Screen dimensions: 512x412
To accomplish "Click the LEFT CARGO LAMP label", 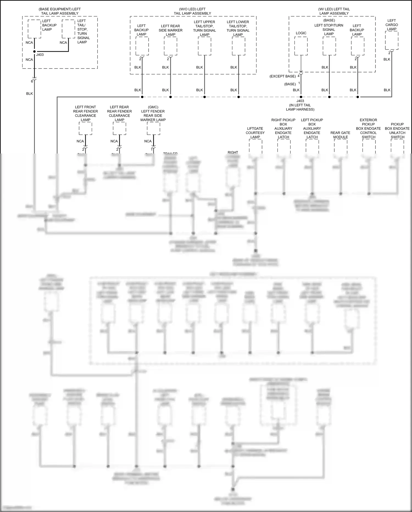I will point(391,25).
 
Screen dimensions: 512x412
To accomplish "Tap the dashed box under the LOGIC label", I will point(301,46).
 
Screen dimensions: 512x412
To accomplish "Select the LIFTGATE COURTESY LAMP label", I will point(255,133).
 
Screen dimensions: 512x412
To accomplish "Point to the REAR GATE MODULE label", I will point(340,135).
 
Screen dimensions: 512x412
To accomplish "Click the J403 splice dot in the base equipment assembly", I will point(34,51).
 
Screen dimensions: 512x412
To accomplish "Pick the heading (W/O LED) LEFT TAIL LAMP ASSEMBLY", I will point(192,11).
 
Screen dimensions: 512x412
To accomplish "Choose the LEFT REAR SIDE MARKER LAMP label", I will point(170,30).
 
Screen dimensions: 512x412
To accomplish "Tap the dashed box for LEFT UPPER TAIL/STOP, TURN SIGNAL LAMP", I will point(205,46).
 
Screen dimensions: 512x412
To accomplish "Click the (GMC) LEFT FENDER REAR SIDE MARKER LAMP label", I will point(153,113).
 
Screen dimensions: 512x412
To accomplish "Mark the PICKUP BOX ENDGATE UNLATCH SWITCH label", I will point(397,131).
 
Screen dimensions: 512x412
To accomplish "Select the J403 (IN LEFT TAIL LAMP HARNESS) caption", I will point(300,105).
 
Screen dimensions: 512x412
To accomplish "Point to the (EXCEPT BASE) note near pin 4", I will point(283,76).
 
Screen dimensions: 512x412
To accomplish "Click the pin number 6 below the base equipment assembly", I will point(32,81).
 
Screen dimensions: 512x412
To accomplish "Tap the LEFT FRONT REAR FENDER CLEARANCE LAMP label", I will point(85,113).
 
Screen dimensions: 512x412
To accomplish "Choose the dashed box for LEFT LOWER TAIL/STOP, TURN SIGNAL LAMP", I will point(238,46).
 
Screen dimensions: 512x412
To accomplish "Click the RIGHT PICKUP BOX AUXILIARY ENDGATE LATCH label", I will point(283,128).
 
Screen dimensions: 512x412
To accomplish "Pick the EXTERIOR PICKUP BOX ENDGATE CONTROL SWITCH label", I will point(368,128).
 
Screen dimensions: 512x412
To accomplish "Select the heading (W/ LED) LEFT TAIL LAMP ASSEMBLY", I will point(334,11).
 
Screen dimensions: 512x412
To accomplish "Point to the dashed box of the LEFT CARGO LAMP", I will point(392,40).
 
